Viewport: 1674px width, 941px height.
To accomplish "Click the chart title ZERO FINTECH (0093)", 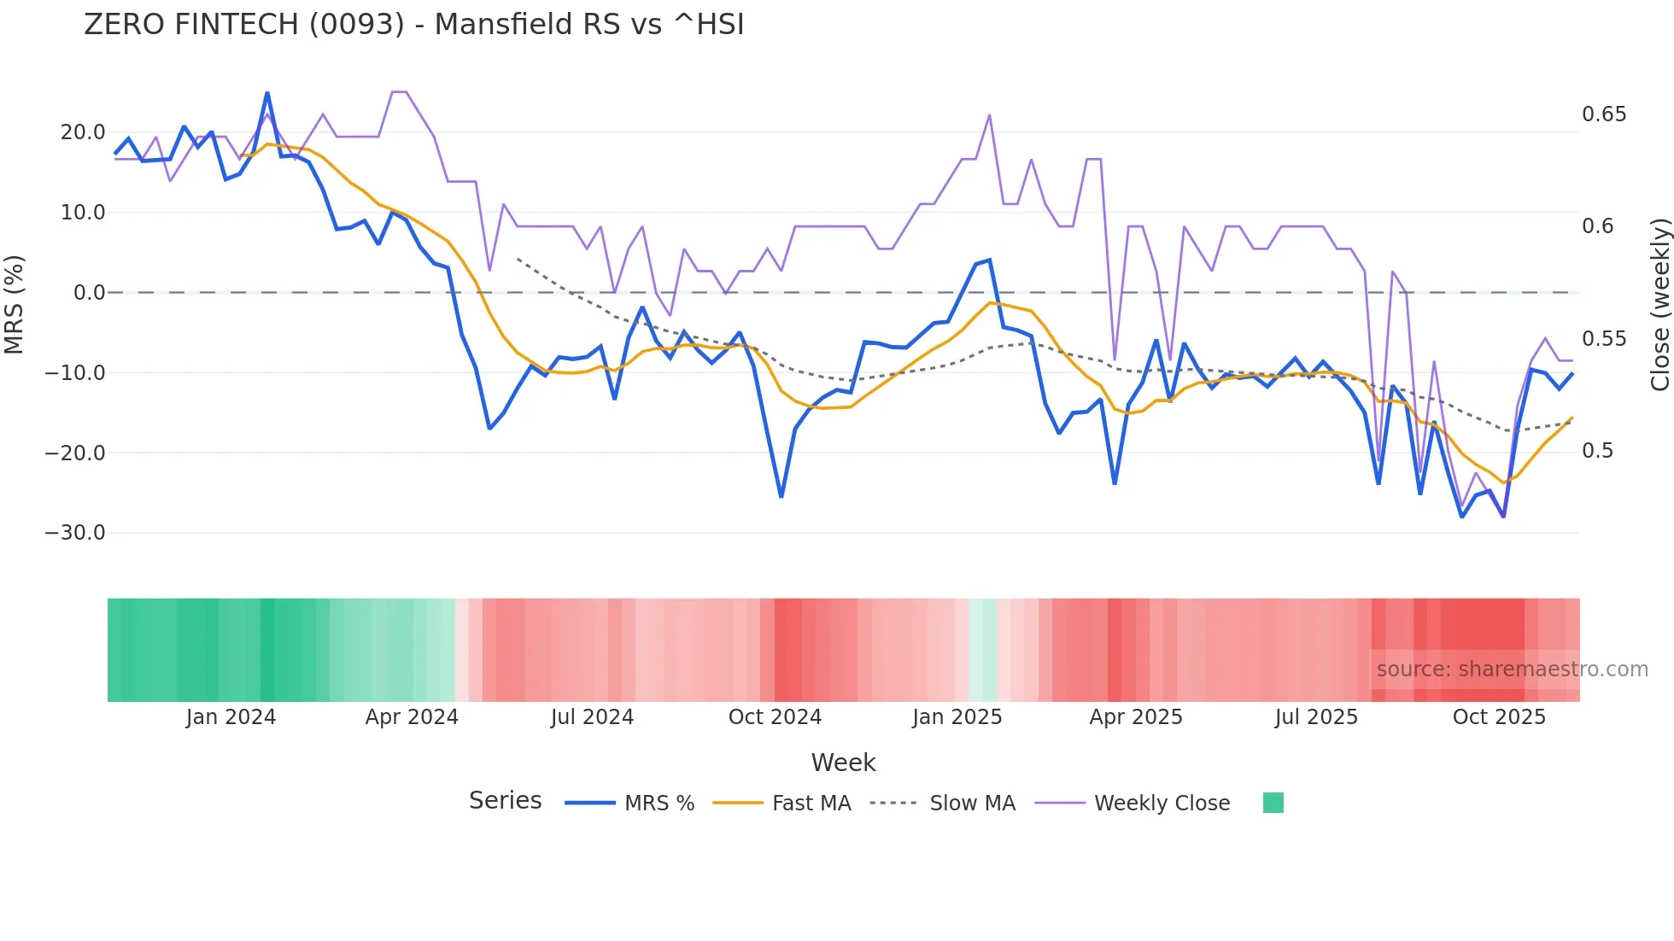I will (x=413, y=25).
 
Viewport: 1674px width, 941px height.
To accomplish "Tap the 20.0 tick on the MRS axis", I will (x=83, y=132).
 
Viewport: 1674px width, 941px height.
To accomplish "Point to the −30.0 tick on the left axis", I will (x=75, y=533).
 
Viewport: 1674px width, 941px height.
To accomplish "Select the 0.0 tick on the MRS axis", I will (x=89, y=293).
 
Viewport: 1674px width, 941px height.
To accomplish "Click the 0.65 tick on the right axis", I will (x=1604, y=114).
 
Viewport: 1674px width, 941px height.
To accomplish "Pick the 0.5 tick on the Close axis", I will (x=1597, y=451).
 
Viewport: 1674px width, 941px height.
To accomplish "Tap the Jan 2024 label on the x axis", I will (x=231, y=717).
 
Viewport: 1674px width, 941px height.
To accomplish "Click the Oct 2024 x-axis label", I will (x=775, y=717).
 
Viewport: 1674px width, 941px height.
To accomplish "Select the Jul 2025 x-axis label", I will (x=1316, y=717).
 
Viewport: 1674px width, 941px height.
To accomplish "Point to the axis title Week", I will (x=843, y=763).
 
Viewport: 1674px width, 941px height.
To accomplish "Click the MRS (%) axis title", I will (x=15, y=305).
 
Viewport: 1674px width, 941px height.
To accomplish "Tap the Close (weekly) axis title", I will (x=1659, y=305).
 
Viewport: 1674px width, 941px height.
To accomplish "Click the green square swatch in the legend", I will (x=1273, y=803).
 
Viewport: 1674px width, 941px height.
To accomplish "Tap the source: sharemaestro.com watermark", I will (x=1512, y=669).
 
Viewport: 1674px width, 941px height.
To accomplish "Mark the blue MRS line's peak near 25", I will (x=267, y=93).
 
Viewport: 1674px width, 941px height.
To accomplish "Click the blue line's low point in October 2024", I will (x=781, y=496).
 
